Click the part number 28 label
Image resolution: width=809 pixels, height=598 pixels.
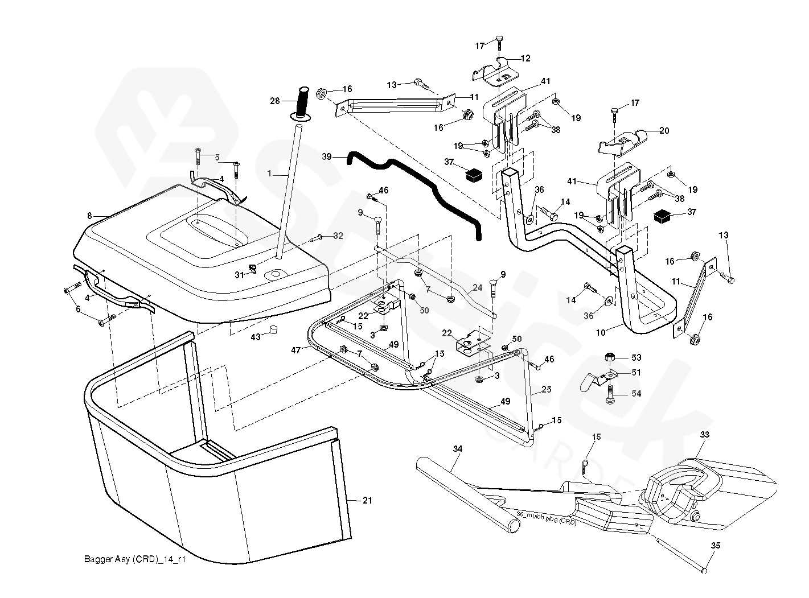[275, 101]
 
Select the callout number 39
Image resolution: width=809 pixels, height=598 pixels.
[326, 156]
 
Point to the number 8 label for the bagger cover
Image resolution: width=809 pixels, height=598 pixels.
[89, 216]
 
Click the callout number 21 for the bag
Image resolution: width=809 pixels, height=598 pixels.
[367, 500]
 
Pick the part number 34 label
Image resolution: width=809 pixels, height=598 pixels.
[458, 449]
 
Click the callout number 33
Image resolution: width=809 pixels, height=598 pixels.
[705, 435]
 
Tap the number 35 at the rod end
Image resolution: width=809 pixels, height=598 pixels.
[716, 546]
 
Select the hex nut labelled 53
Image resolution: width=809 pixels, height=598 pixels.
[609, 357]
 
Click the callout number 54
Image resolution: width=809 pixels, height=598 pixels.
[636, 394]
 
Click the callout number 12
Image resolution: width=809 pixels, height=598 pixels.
[525, 58]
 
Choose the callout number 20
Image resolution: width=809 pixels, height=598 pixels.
[664, 130]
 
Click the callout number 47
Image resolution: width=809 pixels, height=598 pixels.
[295, 351]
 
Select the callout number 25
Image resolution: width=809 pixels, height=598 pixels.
[547, 390]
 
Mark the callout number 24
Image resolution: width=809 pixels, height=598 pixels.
[477, 288]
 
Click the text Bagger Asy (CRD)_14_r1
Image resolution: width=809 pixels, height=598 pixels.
[135, 560]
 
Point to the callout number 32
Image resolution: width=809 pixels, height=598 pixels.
[338, 236]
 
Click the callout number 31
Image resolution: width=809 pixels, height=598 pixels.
[239, 275]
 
